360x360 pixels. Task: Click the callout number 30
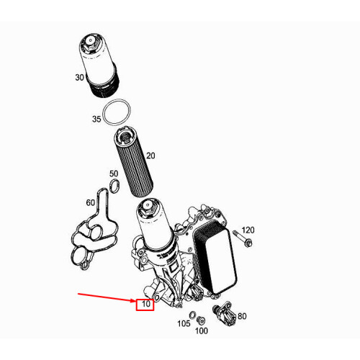80,78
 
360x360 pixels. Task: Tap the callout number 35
96,119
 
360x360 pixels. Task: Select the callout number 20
150,156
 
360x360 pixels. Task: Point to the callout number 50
114,174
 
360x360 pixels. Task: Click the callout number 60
91,203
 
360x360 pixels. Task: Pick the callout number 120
248,230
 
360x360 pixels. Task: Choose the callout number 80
242,316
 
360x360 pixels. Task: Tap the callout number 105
184,323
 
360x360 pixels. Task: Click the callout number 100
202,331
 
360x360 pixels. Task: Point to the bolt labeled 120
243,239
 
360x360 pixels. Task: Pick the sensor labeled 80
223,314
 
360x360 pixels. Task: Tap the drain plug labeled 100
200,320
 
